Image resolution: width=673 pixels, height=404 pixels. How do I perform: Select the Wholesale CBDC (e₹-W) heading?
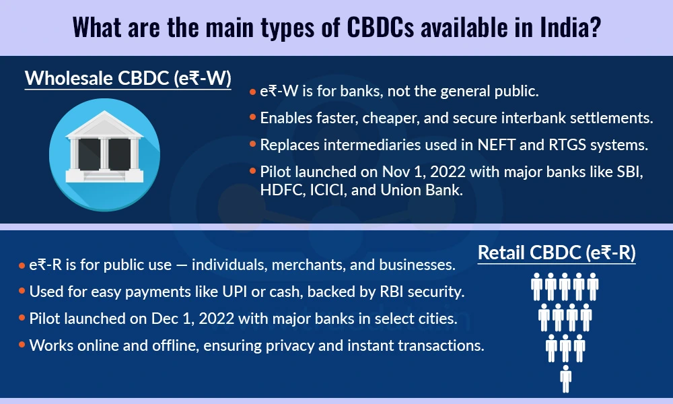click(x=128, y=79)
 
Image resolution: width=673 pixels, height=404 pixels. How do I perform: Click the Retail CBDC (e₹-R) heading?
click(x=557, y=253)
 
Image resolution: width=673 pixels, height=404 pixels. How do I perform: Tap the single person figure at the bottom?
click(x=565, y=378)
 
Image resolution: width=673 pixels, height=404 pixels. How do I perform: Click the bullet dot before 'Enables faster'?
click(x=252, y=119)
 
